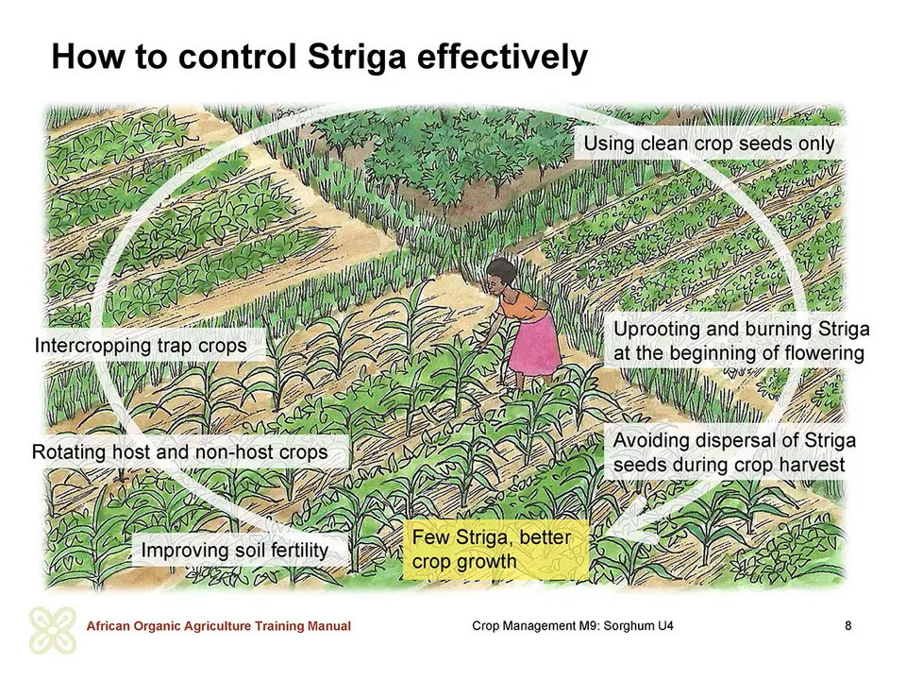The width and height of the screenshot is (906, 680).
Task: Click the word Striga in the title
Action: point(357,57)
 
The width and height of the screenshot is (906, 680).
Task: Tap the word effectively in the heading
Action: point(501,57)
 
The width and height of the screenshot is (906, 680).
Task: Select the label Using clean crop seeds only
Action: point(709,144)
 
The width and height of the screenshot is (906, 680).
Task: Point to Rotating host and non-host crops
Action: point(179,452)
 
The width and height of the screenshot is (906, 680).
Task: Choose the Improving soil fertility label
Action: point(235,550)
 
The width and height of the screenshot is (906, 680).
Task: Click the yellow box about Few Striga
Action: point(495,550)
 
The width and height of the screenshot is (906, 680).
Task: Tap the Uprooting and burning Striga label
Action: point(741,341)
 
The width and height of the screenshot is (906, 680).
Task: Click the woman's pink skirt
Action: point(534,346)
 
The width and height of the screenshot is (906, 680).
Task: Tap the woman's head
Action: point(500,274)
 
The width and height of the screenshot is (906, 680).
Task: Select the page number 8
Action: point(847,625)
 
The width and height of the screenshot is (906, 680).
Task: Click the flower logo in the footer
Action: point(53,630)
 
